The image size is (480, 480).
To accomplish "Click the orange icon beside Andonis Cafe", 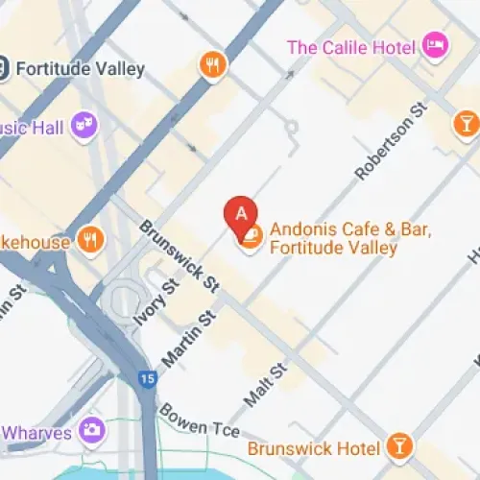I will point(250,236).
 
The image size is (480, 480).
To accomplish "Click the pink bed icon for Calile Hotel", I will point(435,46).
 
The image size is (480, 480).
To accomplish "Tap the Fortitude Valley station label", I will point(81,68).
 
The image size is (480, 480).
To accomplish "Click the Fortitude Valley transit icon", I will point(4,68).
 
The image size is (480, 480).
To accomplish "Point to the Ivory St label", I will point(156,301).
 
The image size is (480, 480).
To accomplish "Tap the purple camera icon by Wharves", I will point(92,430).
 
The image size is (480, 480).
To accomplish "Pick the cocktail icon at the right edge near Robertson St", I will point(466,123).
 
